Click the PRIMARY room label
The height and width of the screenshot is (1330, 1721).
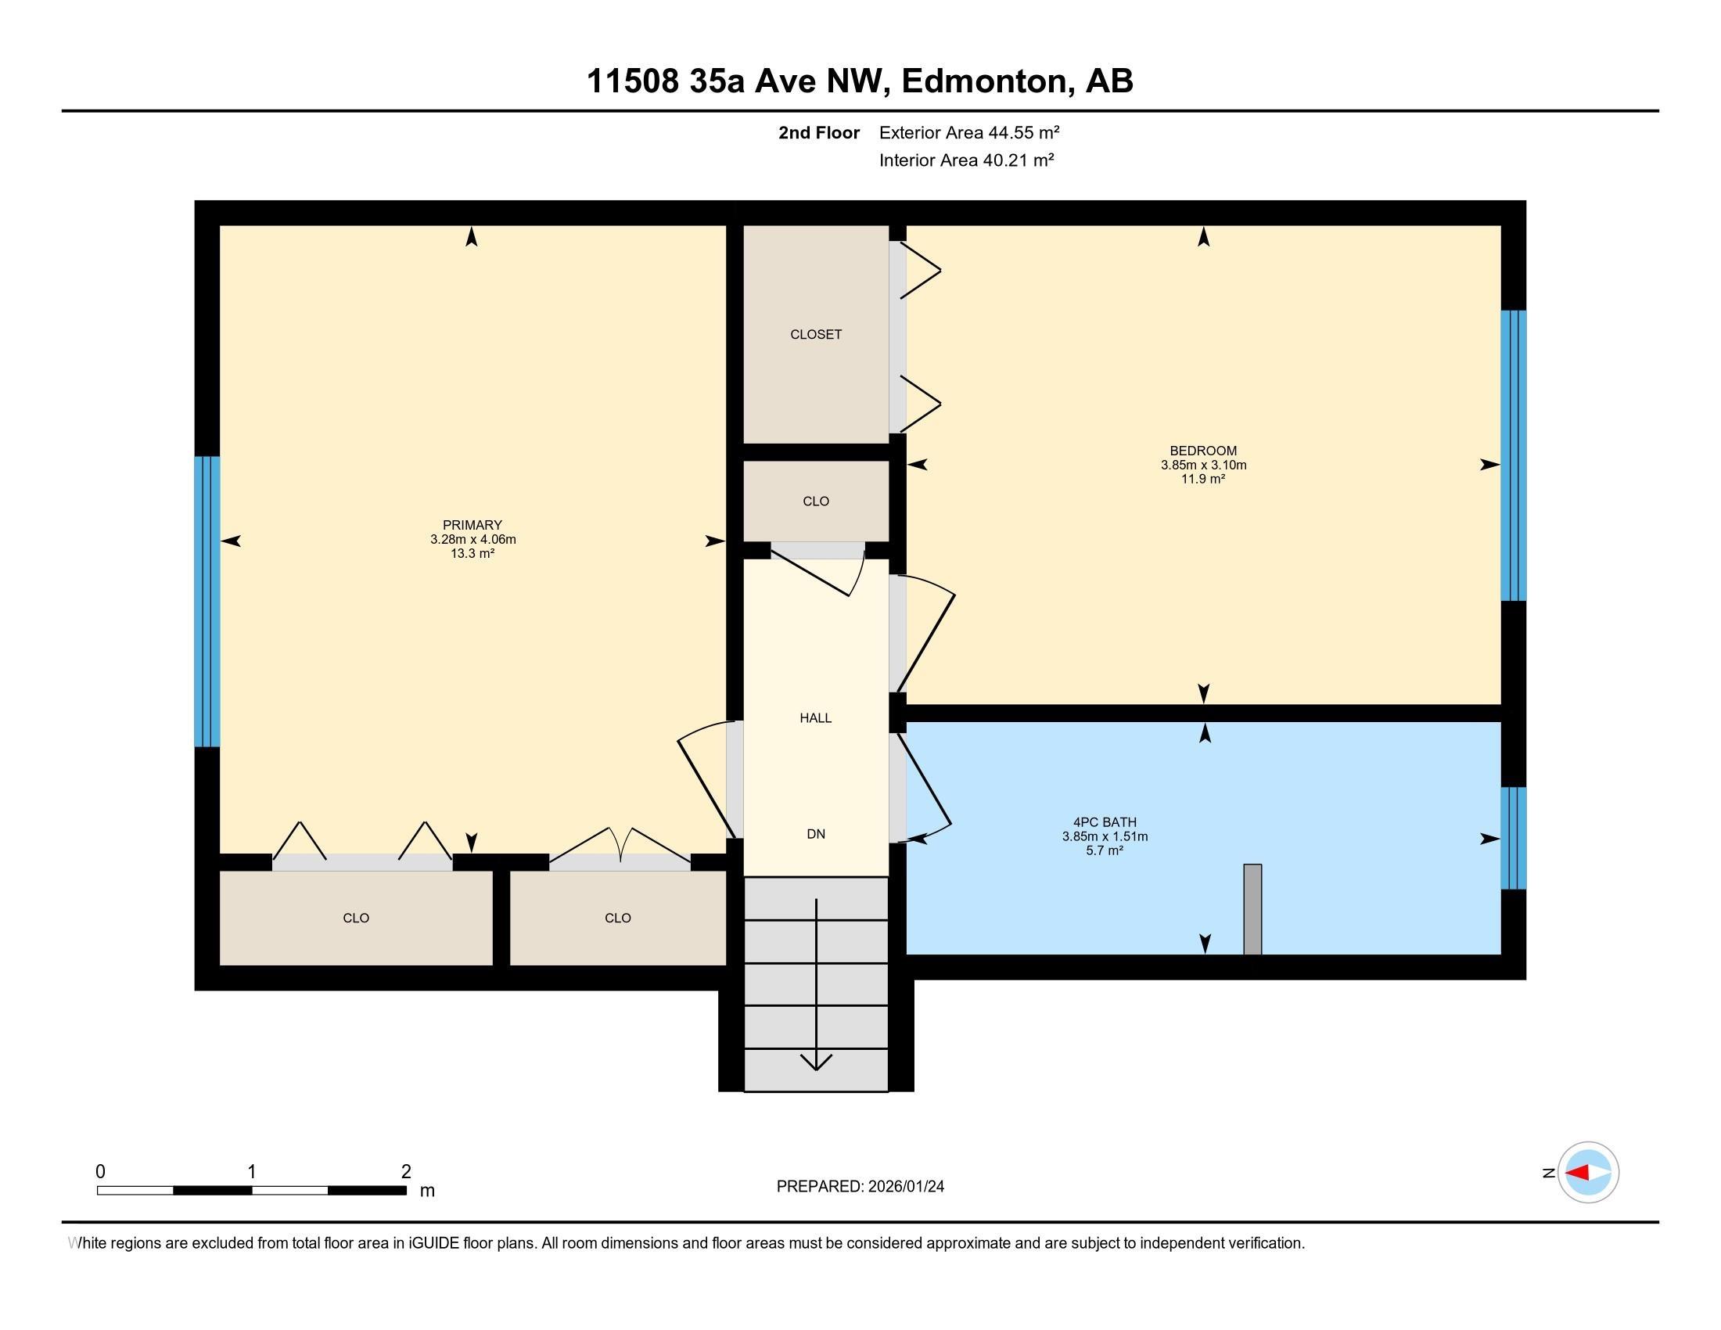pyautogui.click(x=472, y=525)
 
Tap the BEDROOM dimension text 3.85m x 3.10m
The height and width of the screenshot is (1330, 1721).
pyautogui.click(x=1202, y=465)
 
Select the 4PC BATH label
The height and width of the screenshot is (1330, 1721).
pyautogui.click(x=1104, y=821)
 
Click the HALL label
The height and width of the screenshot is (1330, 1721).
pyautogui.click(x=816, y=717)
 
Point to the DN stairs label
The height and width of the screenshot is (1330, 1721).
pyautogui.click(x=816, y=834)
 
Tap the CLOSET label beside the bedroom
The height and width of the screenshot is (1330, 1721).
pyautogui.click(x=816, y=334)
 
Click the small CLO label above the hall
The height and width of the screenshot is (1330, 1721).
pyautogui.click(x=816, y=501)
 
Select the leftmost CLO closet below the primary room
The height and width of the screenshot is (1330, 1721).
pyautogui.click(x=355, y=918)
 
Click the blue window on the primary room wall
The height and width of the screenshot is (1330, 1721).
pyautogui.click(x=207, y=601)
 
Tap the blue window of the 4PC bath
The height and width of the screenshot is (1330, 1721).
pyautogui.click(x=1513, y=838)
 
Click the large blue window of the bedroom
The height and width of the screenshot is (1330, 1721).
pyautogui.click(x=1513, y=455)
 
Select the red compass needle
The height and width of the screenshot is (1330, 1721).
pyautogui.click(x=1577, y=1173)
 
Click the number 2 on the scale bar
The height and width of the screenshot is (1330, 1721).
pyautogui.click(x=406, y=1172)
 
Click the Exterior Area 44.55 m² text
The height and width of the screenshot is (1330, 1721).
pyautogui.click(x=968, y=132)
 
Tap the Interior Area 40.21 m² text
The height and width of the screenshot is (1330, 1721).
pyautogui.click(x=966, y=160)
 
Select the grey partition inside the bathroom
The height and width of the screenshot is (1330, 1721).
pyautogui.click(x=1252, y=909)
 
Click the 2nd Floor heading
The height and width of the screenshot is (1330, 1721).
pyautogui.click(x=818, y=132)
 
